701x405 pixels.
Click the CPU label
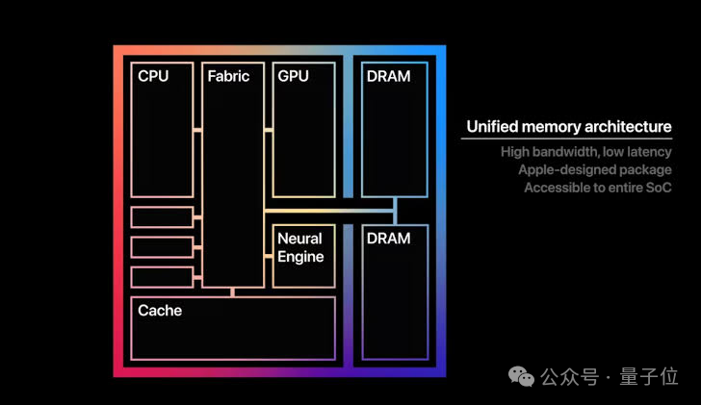click(x=153, y=76)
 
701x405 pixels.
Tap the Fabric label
click(x=228, y=76)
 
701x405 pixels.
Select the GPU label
click(x=293, y=76)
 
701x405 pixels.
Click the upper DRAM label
click(x=388, y=76)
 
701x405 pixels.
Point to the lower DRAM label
click(x=388, y=239)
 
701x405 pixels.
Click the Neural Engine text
click(x=300, y=247)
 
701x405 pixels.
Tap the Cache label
click(x=160, y=311)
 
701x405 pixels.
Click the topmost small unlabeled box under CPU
click(x=163, y=217)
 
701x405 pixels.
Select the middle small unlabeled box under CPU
click(x=163, y=247)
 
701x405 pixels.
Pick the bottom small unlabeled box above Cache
click(x=163, y=277)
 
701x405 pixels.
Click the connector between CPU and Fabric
click(x=197, y=130)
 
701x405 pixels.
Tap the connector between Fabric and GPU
click(x=269, y=130)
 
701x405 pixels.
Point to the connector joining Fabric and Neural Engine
click(x=269, y=256)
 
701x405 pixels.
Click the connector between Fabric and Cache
click(x=232, y=292)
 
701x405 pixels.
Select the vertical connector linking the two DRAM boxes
click(x=395, y=211)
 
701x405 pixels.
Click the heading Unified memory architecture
click(x=569, y=127)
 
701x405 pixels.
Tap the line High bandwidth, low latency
click(x=586, y=152)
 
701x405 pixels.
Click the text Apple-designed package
click(x=595, y=169)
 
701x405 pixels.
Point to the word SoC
click(x=659, y=188)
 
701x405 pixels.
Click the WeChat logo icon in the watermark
click(x=521, y=376)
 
